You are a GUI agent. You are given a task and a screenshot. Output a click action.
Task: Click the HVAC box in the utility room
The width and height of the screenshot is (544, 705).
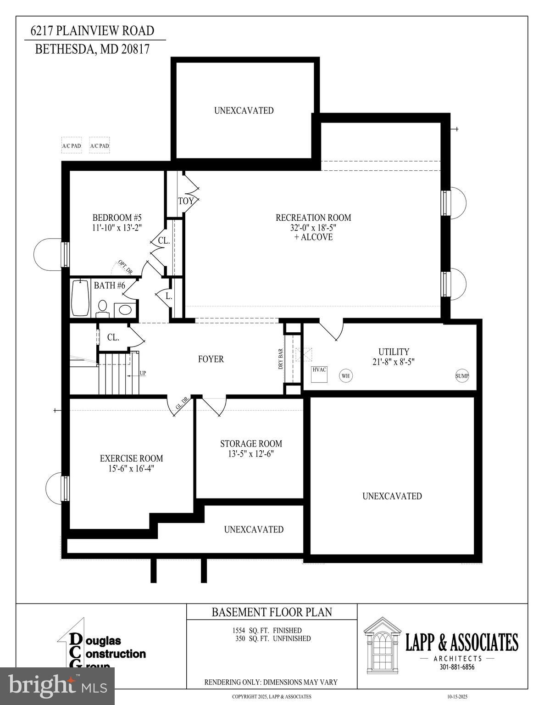(319, 374)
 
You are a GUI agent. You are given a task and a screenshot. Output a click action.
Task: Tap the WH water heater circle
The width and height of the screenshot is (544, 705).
(345, 376)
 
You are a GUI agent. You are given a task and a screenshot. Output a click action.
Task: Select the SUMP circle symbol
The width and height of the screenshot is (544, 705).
(462, 376)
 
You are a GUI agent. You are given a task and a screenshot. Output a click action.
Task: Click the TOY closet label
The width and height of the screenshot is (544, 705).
(186, 201)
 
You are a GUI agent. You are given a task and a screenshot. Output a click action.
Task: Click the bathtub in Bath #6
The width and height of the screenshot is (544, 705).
(80, 298)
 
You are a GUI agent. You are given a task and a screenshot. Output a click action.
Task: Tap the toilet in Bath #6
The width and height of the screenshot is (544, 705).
(103, 308)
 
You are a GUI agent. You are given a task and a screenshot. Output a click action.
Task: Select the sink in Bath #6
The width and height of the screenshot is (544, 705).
(125, 309)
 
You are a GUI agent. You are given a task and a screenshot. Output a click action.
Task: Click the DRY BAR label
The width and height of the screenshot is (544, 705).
(281, 359)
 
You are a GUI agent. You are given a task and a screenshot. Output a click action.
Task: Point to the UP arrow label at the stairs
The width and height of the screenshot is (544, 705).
(143, 373)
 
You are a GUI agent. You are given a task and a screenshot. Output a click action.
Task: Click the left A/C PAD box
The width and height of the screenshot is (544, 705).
(72, 146)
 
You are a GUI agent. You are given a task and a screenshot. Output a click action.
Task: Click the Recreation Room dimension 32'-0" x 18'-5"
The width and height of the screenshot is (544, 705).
(313, 227)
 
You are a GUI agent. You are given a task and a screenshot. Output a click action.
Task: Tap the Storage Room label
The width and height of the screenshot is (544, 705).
(251, 444)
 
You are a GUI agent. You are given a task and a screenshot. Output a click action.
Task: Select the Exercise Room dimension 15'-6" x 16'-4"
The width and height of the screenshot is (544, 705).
(131, 469)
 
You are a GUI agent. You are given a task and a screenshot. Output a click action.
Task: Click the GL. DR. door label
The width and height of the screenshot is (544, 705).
(182, 403)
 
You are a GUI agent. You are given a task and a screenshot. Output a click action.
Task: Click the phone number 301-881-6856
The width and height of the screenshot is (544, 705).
(457, 667)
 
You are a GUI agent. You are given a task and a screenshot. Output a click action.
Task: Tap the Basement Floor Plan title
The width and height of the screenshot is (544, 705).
(272, 612)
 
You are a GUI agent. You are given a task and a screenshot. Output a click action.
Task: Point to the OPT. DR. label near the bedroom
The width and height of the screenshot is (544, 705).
(125, 268)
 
